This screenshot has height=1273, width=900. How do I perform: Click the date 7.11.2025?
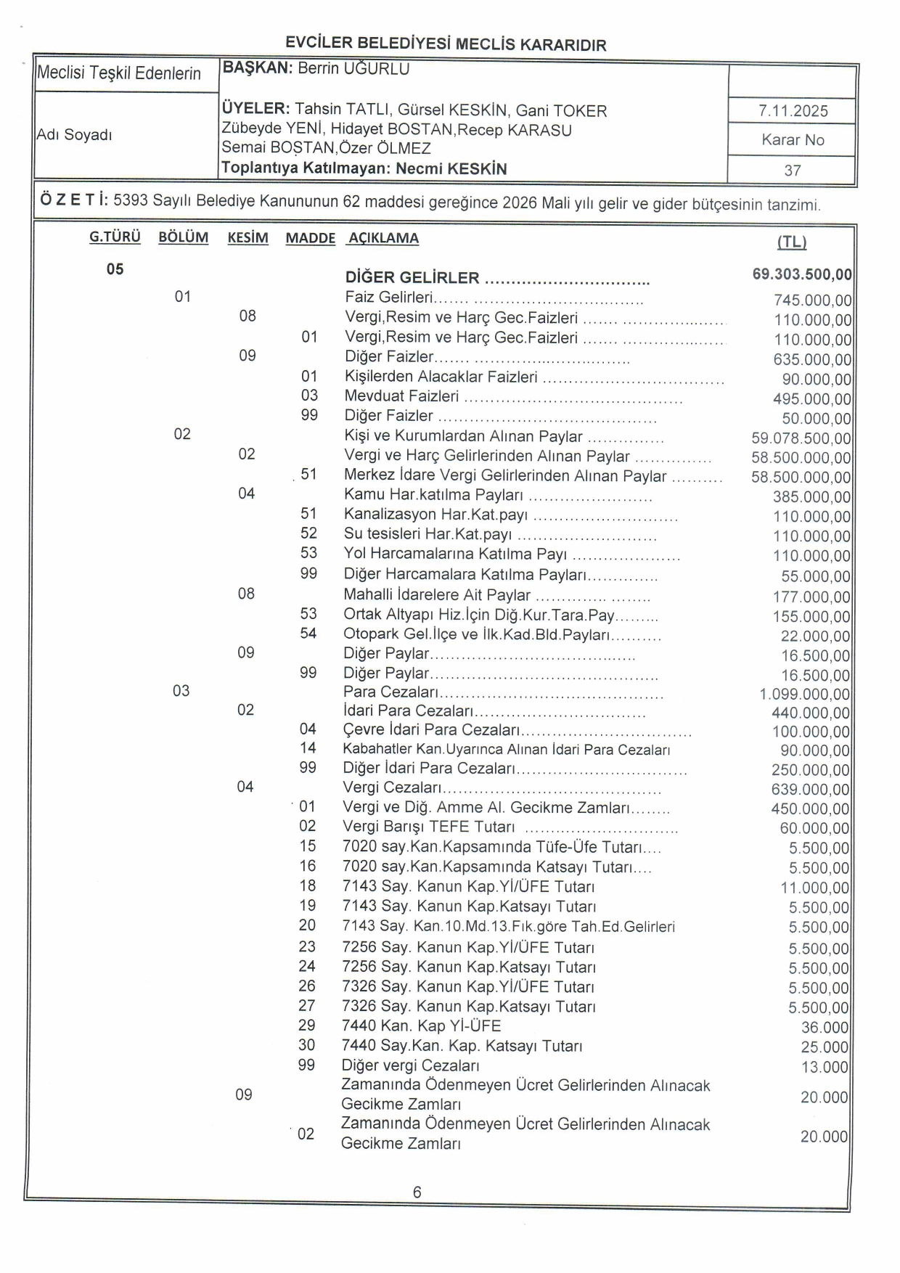point(793,111)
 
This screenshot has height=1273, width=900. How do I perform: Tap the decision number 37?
point(793,171)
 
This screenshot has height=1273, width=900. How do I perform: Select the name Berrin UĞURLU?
point(353,69)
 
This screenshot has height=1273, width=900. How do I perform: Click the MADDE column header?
point(310,238)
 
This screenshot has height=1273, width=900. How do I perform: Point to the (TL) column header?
point(792,242)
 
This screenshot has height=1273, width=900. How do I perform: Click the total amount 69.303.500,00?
point(802,274)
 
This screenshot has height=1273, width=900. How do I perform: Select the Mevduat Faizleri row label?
point(401,396)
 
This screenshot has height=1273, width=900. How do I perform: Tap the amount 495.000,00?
point(812,399)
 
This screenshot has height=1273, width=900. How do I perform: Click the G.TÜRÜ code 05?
point(115,269)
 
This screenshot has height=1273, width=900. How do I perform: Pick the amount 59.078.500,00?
point(801,438)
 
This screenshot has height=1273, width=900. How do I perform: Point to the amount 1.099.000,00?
point(805,695)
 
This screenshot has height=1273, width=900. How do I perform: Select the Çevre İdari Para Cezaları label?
point(431,729)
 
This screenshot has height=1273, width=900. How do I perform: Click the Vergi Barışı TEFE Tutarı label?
point(428,827)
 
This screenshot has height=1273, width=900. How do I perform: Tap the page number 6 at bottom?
point(417,1192)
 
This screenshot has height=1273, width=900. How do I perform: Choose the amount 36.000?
point(825,1028)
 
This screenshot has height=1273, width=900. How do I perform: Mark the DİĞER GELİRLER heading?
point(412,278)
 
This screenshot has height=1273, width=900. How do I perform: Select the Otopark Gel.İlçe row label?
point(476,634)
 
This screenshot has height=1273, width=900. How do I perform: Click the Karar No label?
point(793,140)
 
